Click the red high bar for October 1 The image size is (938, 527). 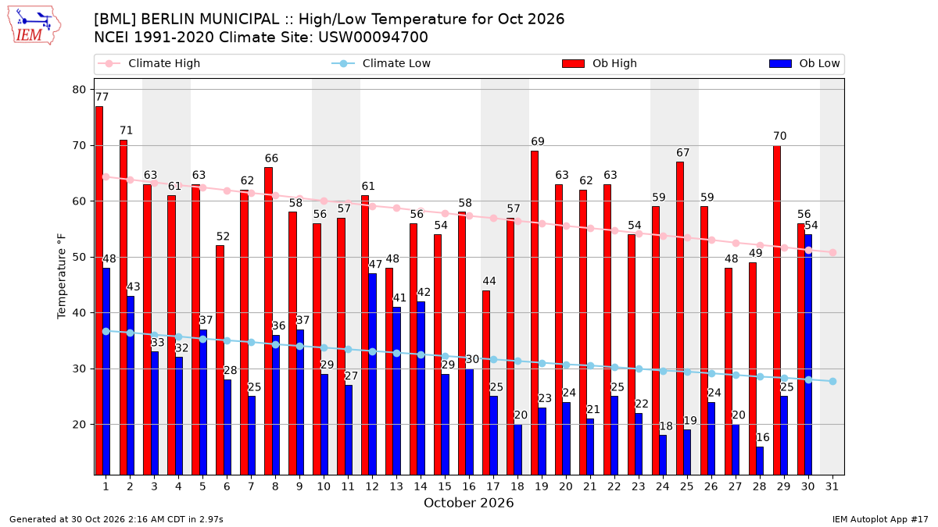pos(98,290)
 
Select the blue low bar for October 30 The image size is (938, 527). pos(808,354)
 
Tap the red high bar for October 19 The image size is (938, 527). pos(535,313)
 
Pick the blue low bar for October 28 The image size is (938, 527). pos(760,461)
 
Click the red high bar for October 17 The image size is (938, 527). pos(486,383)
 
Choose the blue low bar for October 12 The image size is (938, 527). pos(372,374)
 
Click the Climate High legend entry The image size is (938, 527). pos(149,63)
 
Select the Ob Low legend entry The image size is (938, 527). pos(804,63)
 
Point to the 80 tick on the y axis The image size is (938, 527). pos(79,90)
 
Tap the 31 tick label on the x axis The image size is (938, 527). pos(832,486)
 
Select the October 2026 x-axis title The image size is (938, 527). pos(468,503)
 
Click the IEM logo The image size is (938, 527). pos(34,26)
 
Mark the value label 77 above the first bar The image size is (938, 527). pos(102,97)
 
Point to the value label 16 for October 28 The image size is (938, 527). pos(763,437)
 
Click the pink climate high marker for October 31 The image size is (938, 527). pos(832,253)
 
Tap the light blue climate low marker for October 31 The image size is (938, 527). pos(832,382)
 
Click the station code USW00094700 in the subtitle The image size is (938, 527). pos(373,37)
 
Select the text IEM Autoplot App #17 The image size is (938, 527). pos(880,519)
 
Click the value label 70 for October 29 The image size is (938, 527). pos(780,136)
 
